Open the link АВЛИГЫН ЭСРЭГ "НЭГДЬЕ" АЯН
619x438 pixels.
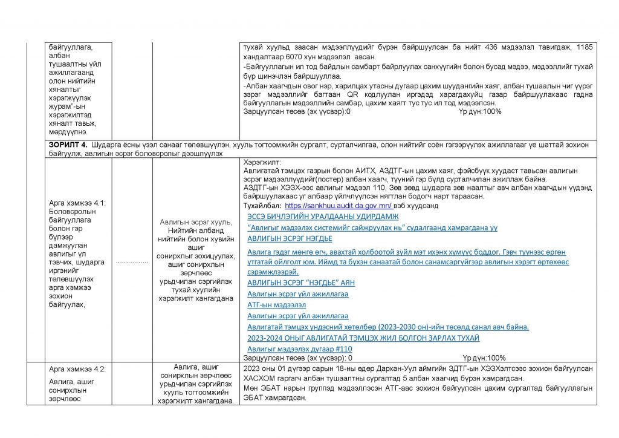coord(301,283)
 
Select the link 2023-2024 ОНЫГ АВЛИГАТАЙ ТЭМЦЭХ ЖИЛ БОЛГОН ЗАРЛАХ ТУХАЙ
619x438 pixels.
coord(363,338)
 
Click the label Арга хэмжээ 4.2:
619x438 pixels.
coord(76,368)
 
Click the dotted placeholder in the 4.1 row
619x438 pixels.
coord(131,262)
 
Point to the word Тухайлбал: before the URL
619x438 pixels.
coord(262,206)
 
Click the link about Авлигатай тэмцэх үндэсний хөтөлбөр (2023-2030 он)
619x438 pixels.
coord(388,327)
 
